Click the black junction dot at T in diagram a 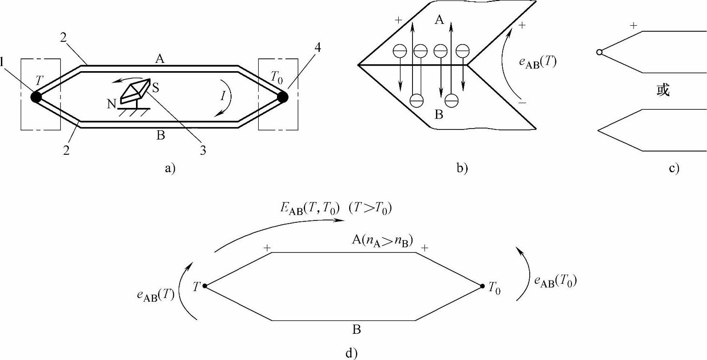(36, 96)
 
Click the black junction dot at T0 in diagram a (283, 97)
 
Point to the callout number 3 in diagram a (203, 151)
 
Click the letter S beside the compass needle (156, 88)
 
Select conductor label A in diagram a (159, 58)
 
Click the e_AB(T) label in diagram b (537, 63)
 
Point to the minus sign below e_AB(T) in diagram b (522, 103)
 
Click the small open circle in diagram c (599, 52)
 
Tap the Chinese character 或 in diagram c (663, 90)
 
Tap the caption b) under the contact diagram (462, 169)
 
